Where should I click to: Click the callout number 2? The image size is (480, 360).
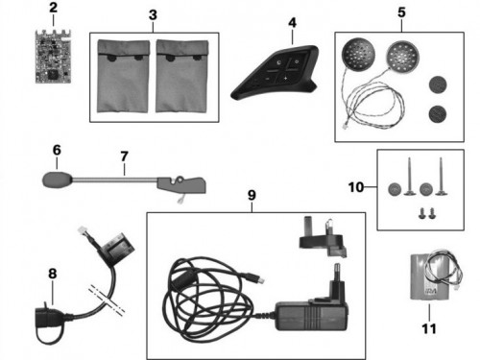[x=53, y=8]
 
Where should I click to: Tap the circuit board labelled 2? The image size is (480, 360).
[x=54, y=57]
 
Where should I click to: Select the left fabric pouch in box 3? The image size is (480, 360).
[x=123, y=76]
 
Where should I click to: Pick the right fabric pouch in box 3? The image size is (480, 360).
[x=181, y=76]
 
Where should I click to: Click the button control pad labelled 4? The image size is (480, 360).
[x=276, y=73]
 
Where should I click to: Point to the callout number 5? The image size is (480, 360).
[x=401, y=12]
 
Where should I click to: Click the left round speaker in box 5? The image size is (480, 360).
[x=358, y=53]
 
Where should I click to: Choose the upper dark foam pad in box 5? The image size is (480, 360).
[x=438, y=84]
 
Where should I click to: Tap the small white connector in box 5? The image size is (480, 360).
[x=345, y=127]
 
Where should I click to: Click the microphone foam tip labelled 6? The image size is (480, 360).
[x=57, y=180]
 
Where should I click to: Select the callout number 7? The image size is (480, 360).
[x=124, y=156]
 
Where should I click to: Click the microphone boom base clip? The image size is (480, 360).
[x=181, y=184]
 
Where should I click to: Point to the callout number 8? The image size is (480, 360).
[x=53, y=274]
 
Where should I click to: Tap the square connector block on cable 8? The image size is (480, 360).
[x=117, y=249]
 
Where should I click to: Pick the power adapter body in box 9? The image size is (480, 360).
[x=312, y=316]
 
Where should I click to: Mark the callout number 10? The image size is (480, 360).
[x=356, y=187]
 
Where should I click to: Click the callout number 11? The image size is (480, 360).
[x=429, y=328]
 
